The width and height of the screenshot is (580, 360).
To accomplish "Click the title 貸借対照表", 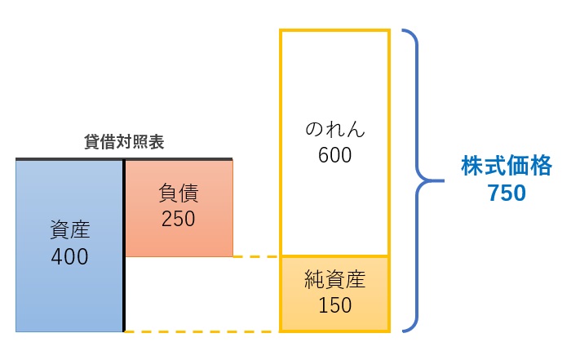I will [124, 142].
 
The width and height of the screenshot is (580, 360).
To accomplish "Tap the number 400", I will [69, 256].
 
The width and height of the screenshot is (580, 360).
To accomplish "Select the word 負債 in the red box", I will [178, 194].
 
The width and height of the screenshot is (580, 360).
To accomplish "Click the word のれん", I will [335, 129].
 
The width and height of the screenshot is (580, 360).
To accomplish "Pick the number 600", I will [335, 154].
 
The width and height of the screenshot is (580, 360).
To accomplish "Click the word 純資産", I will [335, 281].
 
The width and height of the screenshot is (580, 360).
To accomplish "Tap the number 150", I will [335, 306].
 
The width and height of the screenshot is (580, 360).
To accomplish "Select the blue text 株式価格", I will [495, 167].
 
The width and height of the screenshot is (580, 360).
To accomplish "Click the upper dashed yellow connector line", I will [256, 256].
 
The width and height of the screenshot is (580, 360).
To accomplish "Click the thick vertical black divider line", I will [124, 245].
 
